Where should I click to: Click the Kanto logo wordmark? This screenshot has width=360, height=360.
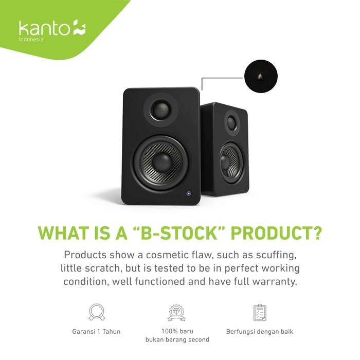[45, 28]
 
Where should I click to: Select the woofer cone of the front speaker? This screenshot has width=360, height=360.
[161, 162]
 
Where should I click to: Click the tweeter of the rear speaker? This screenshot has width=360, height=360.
[232, 122]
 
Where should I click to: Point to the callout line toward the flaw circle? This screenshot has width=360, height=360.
[221, 78]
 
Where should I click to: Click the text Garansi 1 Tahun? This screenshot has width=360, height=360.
[97, 331]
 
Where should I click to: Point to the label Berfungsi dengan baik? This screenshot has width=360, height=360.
[259, 331]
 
